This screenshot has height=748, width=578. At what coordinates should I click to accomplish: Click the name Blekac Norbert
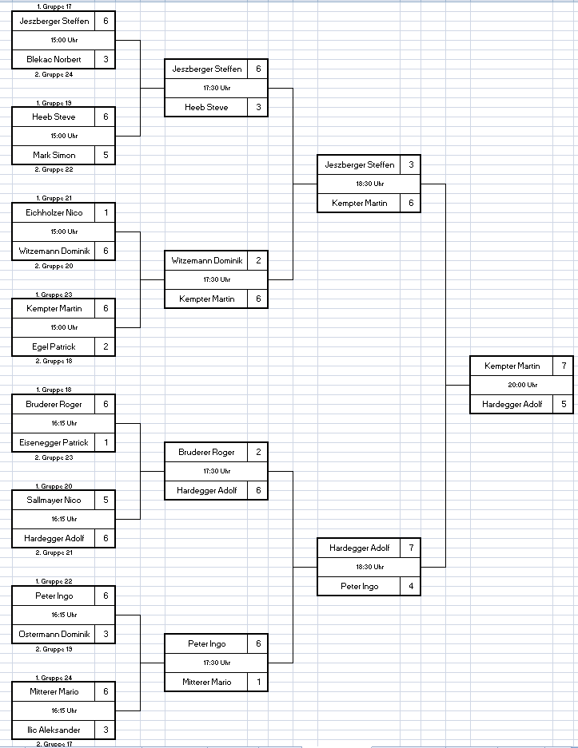54,60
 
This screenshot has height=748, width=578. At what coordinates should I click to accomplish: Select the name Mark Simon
54,155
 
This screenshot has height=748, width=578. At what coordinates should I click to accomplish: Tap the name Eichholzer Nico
54,213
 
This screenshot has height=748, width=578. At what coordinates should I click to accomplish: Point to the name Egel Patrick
54,346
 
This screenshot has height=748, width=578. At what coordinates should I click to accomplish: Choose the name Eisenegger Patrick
54,443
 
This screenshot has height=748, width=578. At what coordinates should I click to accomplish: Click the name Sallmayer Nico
54,500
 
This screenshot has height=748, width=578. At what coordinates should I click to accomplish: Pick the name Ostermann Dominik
54,634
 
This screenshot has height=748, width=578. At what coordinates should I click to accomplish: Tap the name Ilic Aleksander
54,730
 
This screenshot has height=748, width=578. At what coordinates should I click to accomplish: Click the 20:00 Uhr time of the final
523,385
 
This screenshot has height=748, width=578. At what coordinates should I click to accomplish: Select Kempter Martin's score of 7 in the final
564,366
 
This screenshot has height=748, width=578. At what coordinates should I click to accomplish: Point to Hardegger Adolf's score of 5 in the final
564,404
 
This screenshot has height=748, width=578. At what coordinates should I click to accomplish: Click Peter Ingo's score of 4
411,586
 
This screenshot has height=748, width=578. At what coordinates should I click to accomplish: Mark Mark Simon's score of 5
106,155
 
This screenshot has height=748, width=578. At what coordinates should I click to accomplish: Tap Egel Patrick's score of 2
106,346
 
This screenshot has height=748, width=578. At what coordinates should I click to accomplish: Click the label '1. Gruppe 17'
54,6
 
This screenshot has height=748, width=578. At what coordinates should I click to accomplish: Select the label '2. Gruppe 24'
54,74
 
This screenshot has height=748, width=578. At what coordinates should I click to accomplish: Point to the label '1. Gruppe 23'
54,295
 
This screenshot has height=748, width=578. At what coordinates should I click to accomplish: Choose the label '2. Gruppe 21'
54,552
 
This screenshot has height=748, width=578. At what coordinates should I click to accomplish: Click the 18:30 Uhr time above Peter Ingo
369,567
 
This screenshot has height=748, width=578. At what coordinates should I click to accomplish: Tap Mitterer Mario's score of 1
258,683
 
